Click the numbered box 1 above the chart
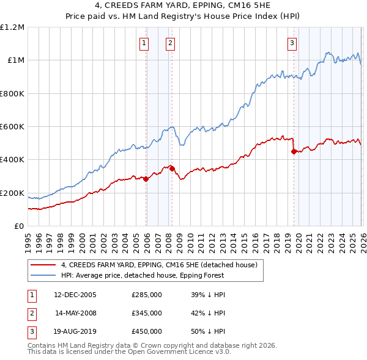click(x=144, y=43)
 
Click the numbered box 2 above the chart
click(x=169, y=43)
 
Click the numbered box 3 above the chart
click(x=292, y=43)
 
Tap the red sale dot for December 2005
click(x=146, y=179)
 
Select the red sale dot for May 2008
click(x=172, y=169)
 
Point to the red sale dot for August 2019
click(x=294, y=152)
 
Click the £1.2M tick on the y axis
click(x=13, y=27)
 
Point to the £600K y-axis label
click(x=12, y=127)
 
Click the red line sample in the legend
click(x=43, y=265)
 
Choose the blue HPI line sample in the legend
click(x=43, y=275)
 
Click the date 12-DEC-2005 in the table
click(x=75, y=295)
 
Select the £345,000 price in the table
click(x=147, y=313)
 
